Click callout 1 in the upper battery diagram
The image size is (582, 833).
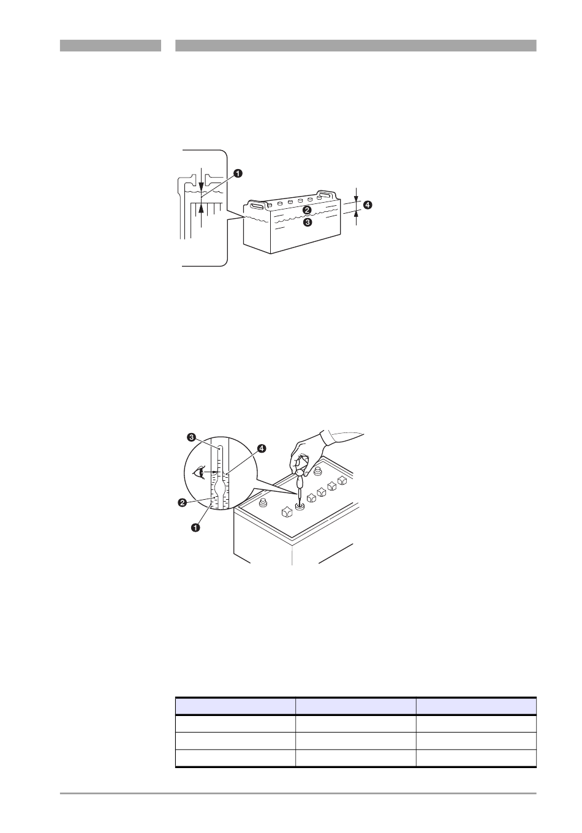pyautogui.click(x=238, y=173)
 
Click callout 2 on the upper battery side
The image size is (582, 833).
pyautogui.click(x=307, y=210)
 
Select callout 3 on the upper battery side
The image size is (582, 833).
pyautogui.click(x=308, y=222)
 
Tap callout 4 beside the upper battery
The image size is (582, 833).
pyautogui.click(x=367, y=205)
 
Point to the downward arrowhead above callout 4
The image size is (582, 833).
pyautogui.click(x=357, y=198)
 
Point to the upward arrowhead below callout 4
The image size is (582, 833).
pyautogui.click(x=357, y=214)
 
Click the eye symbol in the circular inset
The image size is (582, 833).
pyautogui.click(x=199, y=472)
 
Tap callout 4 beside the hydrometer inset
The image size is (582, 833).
pyautogui.click(x=262, y=448)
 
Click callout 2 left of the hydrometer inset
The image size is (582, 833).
pyautogui.click(x=182, y=503)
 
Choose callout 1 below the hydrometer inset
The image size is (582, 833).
pyautogui.click(x=195, y=527)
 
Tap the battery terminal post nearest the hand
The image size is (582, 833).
pyautogui.click(x=317, y=471)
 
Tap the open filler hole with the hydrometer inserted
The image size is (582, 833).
pyautogui.click(x=300, y=506)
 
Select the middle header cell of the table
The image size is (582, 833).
pyautogui.click(x=355, y=706)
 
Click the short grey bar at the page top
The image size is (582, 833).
pyautogui.click(x=110, y=45)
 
